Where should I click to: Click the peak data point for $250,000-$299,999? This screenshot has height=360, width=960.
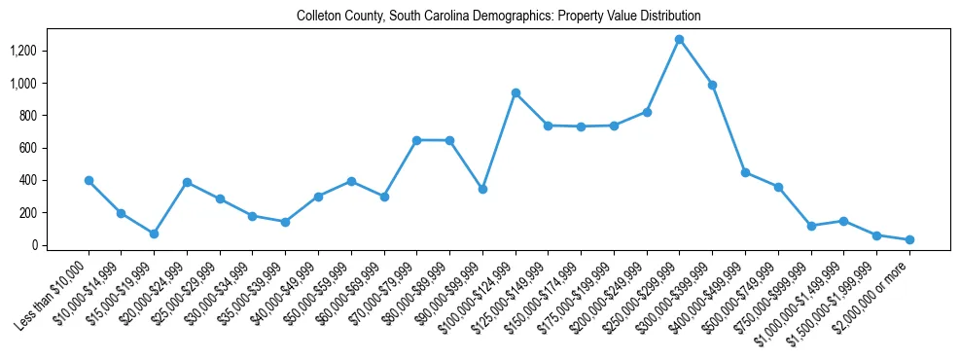[x=679, y=39]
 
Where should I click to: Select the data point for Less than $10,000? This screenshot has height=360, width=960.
[x=89, y=180]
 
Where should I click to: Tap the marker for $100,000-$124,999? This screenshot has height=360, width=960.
[x=516, y=92]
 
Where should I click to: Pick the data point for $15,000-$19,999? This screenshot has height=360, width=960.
[x=154, y=234]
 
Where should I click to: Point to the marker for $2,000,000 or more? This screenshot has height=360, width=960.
[x=909, y=239]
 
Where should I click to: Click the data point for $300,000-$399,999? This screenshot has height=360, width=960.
[x=712, y=85]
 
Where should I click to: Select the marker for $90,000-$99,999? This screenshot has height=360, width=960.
[x=482, y=189]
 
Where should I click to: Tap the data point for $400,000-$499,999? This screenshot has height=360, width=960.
[x=745, y=172]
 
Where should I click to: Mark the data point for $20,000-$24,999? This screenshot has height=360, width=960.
[x=187, y=182]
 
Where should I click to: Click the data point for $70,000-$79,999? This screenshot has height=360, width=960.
[x=416, y=140]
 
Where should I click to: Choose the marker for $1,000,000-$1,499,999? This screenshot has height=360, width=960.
[x=843, y=221]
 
